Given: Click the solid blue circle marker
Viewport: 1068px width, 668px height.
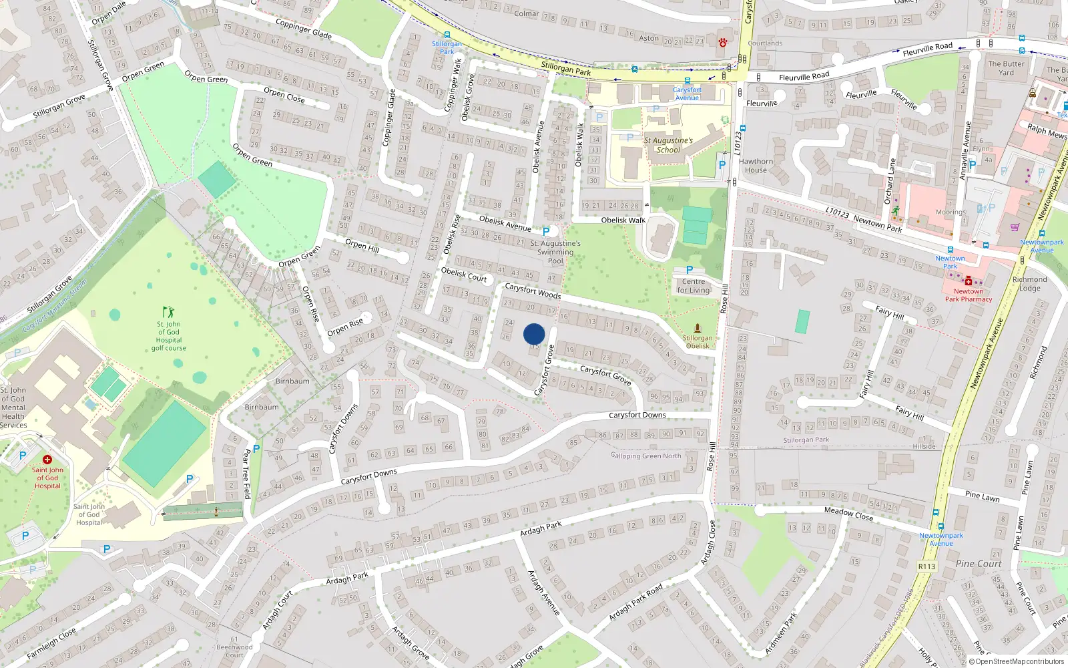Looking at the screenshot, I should pyautogui.click(x=534, y=334).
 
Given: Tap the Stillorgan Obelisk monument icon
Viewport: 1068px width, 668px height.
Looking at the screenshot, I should pyautogui.click(x=698, y=328).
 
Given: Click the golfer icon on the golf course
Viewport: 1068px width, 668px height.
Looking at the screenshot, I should pyautogui.click(x=168, y=312).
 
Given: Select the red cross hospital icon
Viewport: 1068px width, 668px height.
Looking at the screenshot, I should pyautogui.click(x=47, y=460).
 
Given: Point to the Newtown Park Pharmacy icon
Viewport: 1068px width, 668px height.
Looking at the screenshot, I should pyautogui.click(x=968, y=281).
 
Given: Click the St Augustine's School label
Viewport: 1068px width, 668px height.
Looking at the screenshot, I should pyautogui.click(x=668, y=145).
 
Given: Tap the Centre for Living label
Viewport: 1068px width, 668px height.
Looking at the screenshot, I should pyautogui.click(x=694, y=286).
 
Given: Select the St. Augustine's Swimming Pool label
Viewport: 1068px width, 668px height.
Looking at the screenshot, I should pyautogui.click(x=555, y=252).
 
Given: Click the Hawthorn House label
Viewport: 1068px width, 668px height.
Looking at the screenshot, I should pyautogui.click(x=756, y=166).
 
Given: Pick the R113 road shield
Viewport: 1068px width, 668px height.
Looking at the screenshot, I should pyautogui.click(x=926, y=566).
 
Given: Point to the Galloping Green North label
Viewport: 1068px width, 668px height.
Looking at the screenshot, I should pyautogui.click(x=645, y=456).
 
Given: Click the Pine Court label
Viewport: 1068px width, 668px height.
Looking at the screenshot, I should pyautogui.click(x=978, y=564).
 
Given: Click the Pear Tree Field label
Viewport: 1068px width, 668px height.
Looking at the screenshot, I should pyautogui.click(x=246, y=474).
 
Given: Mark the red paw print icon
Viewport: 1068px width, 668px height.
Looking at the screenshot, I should pyautogui.click(x=722, y=42).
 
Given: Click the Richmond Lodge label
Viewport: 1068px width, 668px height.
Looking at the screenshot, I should pyautogui.click(x=1029, y=284).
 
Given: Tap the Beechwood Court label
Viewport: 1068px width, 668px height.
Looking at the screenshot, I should pyautogui.click(x=234, y=651).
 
